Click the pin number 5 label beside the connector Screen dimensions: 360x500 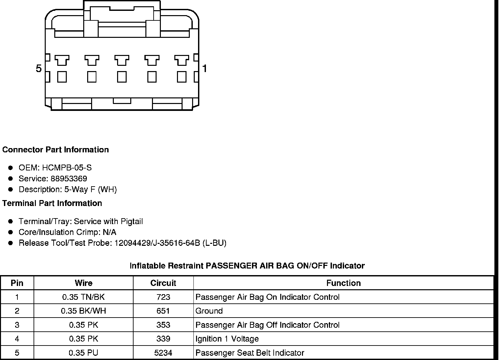click(x=39, y=68)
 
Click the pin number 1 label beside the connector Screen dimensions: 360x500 click(x=205, y=68)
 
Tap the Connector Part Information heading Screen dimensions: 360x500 click(x=55, y=150)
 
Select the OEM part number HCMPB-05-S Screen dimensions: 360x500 click(x=67, y=168)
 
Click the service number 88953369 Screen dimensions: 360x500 click(x=69, y=179)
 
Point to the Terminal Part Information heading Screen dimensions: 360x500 click(x=52, y=203)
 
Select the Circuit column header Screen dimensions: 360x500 click(x=163, y=283)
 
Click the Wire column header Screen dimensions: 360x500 click(x=84, y=283)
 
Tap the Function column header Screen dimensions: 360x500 click(x=343, y=283)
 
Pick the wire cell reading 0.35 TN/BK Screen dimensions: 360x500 click(x=84, y=297)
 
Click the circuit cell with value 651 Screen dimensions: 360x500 click(x=163, y=311)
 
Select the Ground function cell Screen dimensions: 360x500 click(x=209, y=311)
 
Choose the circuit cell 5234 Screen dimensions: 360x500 click(x=163, y=353)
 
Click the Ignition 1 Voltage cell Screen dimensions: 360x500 click(x=227, y=339)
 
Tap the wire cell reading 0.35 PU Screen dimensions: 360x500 click(x=84, y=353)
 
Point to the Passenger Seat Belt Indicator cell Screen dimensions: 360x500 click(x=250, y=353)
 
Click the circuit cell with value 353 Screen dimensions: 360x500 click(x=163, y=325)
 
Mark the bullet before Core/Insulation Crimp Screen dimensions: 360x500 click(x=11, y=232)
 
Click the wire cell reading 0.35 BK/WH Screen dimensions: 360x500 click(x=84, y=311)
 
